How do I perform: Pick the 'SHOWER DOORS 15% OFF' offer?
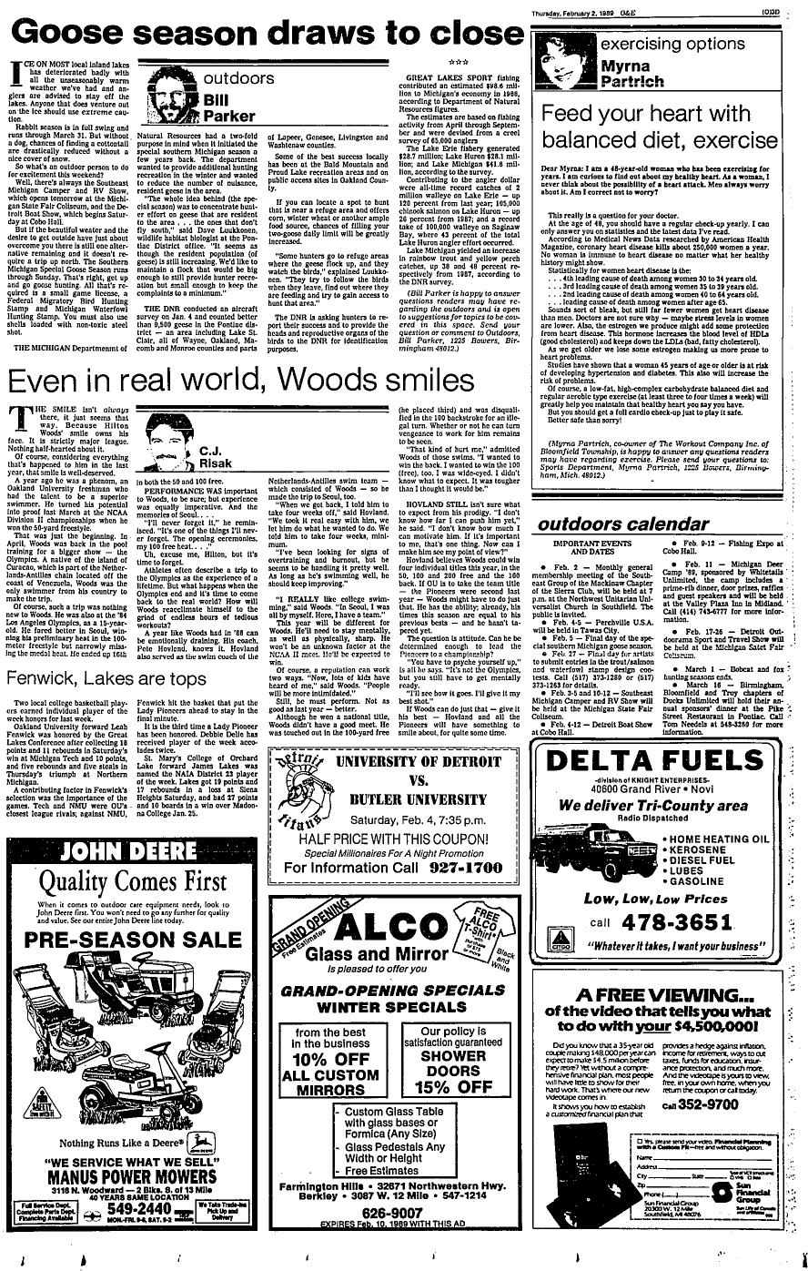[x=452, y=1060]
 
